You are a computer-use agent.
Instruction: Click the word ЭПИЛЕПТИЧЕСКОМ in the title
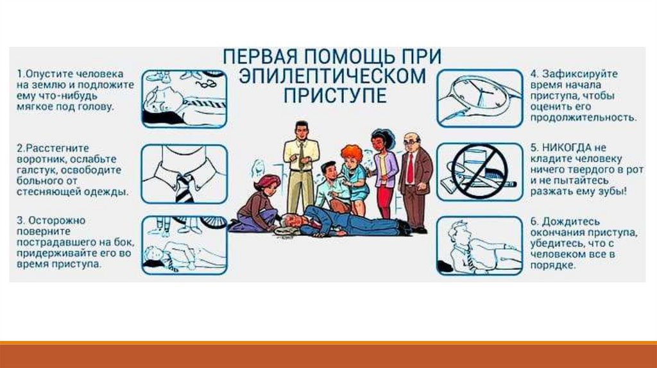332,76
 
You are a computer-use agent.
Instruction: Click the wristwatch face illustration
479,93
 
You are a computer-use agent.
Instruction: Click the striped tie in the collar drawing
185,188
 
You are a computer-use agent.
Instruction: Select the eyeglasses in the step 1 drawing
205,84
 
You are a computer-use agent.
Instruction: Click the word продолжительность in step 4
583,117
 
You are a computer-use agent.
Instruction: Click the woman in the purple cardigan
384,172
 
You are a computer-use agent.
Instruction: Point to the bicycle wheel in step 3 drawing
213,222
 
